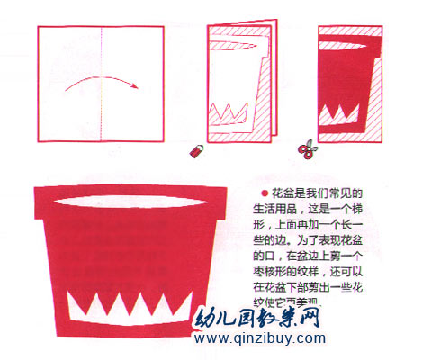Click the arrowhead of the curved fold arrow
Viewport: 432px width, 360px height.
click(134, 87)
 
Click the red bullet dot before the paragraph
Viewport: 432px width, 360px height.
click(264, 193)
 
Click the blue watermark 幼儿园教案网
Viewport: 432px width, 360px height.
click(262, 319)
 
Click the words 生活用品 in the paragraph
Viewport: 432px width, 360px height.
click(283, 209)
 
